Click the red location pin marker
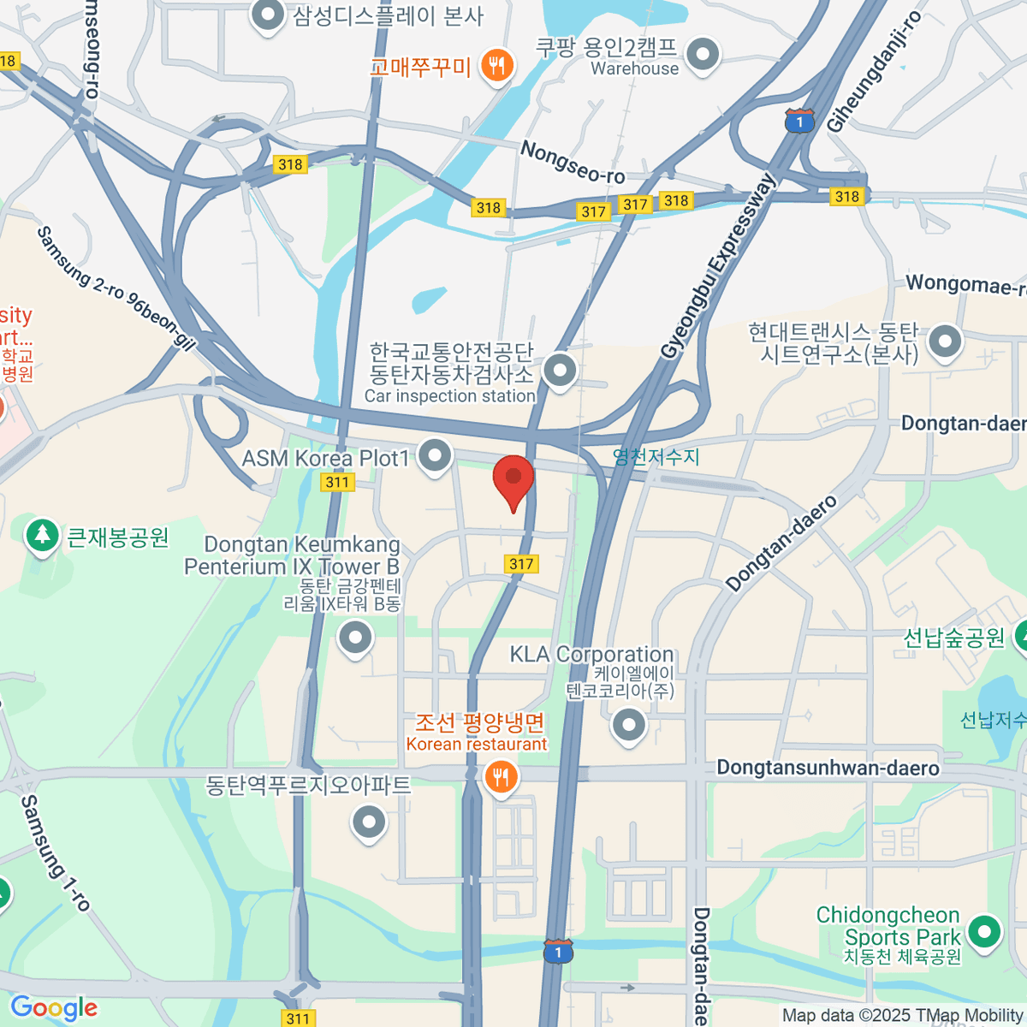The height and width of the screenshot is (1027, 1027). [513, 479]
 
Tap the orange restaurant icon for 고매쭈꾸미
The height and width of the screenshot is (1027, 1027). [496, 65]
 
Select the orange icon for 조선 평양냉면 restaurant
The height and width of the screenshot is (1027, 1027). [500, 777]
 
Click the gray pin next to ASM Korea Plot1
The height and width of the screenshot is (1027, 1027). [435, 454]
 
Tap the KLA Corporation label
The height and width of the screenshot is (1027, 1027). [591, 655]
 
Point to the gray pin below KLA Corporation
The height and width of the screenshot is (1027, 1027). [629, 725]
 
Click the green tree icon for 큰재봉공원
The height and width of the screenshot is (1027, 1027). [41, 536]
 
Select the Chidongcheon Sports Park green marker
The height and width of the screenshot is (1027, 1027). [984, 931]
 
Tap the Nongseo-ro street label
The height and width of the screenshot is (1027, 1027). [573, 163]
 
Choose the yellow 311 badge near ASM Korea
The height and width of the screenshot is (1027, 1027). [337, 482]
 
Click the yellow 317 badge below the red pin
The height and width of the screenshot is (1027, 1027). [521, 563]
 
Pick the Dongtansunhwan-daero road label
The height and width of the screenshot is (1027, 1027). [827, 768]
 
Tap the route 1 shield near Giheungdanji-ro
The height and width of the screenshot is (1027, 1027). [798, 122]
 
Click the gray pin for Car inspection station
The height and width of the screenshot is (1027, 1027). [560, 371]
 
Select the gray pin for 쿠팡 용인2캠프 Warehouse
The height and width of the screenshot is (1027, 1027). [702, 54]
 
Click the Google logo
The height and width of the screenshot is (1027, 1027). [53, 1007]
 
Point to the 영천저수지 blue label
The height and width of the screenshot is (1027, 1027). [656, 457]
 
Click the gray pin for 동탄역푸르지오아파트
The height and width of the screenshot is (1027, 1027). [369, 822]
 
